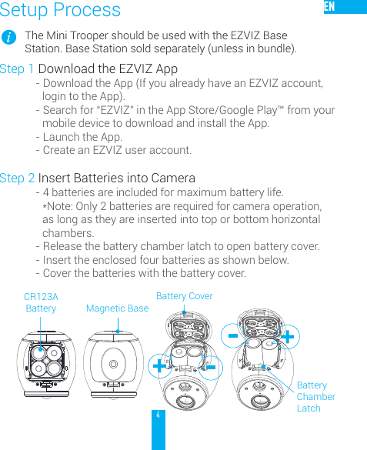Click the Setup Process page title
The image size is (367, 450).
tap(60, 10)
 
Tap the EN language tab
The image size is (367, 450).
tap(330, 7)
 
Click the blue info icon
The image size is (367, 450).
tap(9, 38)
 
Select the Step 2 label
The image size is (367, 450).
tap(17, 178)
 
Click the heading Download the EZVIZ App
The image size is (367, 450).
tap(108, 69)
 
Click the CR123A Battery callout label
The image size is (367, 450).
tap(41, 302)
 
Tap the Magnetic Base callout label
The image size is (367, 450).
tap(117, 308)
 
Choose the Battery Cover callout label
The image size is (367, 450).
tap(184, 296)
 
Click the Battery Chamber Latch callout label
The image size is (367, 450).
tap(315, 396)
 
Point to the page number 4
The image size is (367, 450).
tap(158, 415)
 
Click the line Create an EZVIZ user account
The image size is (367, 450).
tap(117, 150)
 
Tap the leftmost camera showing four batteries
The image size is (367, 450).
tap(47, 362)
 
